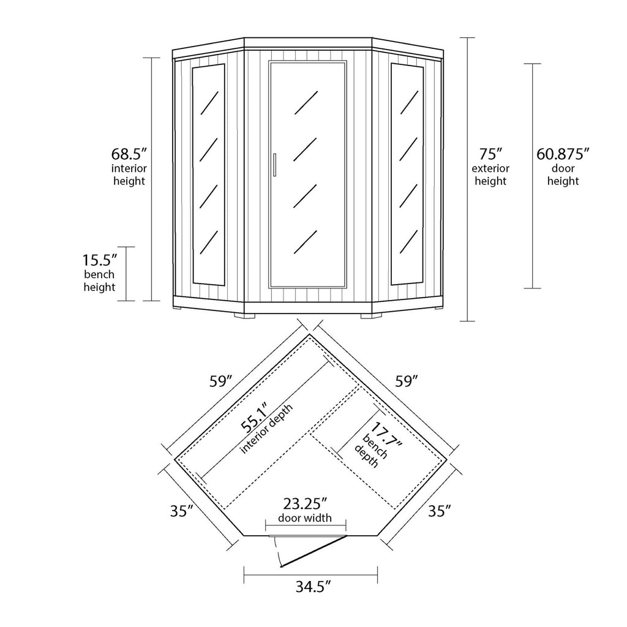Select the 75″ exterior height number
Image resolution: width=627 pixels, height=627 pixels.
[490, 152]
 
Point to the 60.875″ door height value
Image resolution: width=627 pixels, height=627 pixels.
[563, 152]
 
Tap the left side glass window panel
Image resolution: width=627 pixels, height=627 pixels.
[208, 174]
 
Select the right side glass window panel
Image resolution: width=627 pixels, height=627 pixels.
[407, 174]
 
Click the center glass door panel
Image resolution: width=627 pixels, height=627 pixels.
[308, 175]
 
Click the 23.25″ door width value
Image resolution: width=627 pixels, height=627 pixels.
[306, 504]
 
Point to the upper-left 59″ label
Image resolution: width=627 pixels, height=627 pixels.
[220, 381]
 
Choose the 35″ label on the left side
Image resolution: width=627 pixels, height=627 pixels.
[182, 511]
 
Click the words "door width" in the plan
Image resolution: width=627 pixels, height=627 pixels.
[305, 518]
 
